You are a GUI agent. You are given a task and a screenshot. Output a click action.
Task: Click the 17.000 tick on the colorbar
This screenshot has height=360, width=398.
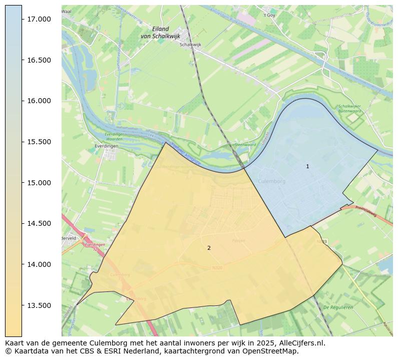(39, 19)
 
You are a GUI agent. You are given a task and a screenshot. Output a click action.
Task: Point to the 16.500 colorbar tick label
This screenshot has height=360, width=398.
(39, 60)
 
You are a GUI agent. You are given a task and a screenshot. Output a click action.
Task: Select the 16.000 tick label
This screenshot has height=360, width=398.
(39, 101)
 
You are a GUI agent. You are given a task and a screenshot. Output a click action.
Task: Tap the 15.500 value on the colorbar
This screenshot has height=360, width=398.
(39, 142)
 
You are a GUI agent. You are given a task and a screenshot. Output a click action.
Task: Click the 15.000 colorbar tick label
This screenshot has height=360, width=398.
(39, 183)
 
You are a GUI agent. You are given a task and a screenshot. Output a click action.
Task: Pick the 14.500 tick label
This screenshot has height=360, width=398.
(39, 223)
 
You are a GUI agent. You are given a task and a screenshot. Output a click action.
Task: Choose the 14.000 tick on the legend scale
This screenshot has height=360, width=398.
(39, 264)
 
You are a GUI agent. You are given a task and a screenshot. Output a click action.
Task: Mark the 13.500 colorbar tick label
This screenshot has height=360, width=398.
(39, 305)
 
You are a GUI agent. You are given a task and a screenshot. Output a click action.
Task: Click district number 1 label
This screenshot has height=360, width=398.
(307, 166)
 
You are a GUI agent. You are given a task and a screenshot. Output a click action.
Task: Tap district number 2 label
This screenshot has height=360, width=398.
(209, 248)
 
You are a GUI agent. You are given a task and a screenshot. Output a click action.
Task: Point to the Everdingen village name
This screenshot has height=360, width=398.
(106, 146)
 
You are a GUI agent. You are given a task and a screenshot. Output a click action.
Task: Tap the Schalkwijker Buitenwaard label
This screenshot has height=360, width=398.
(349, 109)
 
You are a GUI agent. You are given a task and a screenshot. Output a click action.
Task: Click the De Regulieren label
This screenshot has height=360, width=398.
(338, 307)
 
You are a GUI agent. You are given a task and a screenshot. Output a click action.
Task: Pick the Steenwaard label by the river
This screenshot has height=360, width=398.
(245, 145)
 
